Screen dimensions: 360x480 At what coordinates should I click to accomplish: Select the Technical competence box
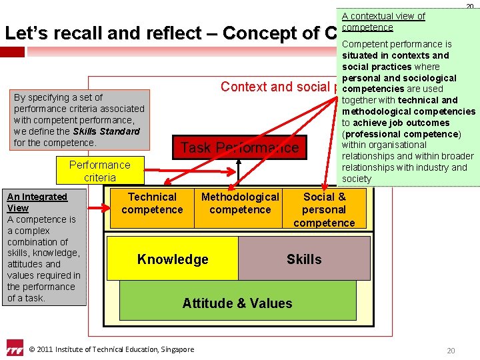[152, 203]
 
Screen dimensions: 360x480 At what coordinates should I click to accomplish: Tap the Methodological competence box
[240, 203]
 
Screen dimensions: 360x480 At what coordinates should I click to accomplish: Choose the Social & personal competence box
[324, 209]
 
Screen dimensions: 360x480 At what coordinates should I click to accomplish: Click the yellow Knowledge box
[172, 259]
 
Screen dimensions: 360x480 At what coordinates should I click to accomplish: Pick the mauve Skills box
[304, 259]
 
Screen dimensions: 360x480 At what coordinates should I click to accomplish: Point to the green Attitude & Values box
[237, 303]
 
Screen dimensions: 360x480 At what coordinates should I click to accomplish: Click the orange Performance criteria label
[100, 171]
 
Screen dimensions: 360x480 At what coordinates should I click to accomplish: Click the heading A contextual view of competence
[383, 21]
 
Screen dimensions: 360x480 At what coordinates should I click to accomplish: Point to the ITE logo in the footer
[15, 348]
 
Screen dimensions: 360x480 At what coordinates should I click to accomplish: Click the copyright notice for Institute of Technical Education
[112, 349]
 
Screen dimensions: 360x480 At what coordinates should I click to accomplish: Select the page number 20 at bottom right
[451, 351]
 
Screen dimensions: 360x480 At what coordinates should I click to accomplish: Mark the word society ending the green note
[357, 179]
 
